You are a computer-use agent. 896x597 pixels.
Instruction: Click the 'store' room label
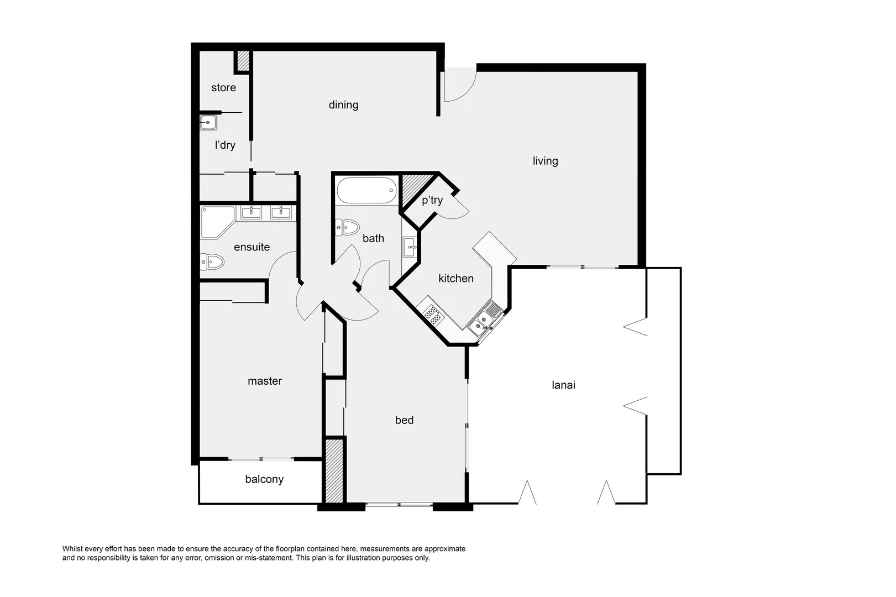pos(223,87)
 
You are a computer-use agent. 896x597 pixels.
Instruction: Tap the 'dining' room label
pos(343,104)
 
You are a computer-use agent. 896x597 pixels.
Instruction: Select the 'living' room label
pos(545,161)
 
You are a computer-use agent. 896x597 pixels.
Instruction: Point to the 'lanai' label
pos(563,385)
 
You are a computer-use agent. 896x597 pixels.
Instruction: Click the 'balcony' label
pos(264,479)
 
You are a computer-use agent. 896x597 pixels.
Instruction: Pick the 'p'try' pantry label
pos(432,200)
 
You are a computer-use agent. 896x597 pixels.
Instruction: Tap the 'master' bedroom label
pos(264,381)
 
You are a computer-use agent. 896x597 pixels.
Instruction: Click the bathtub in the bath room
pos(366,191)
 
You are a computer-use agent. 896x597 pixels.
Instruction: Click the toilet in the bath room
pos(347,227)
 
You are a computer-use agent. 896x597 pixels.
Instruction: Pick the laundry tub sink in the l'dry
pos(208,122)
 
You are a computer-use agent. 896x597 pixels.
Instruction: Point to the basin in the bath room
pos(410,247)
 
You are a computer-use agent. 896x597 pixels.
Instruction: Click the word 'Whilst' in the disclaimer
pos(72,549)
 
